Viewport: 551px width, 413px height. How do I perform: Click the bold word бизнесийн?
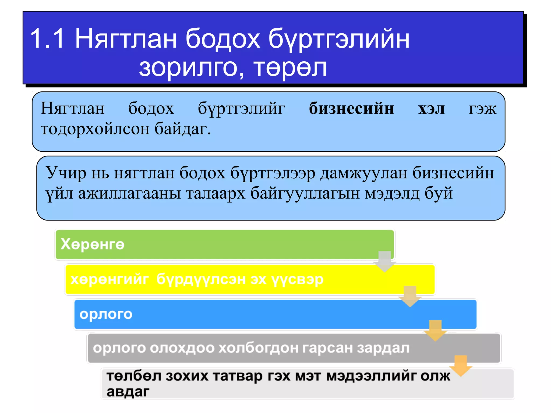click(x=351, y=108)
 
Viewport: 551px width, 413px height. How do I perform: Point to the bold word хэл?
click(x=431, y=108)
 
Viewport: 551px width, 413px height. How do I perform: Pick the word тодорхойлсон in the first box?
click(x=95, y=129)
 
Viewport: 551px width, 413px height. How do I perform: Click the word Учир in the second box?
click(x=66, y=172)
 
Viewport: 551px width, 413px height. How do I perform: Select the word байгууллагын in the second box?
click(x=305, y=193)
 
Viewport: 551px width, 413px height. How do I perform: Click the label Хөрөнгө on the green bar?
click(x=93, y=244)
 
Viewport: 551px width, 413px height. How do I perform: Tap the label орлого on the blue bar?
click(x=106, y=314)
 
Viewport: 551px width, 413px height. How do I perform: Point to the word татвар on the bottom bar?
click(x=238, y=376)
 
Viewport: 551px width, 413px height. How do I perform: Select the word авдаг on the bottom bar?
click(x=128, y=391)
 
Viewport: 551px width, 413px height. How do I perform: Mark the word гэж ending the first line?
click(x=482, y=109)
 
